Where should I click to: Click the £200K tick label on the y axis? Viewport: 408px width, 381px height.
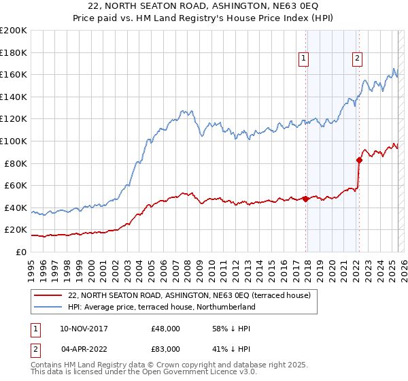14,30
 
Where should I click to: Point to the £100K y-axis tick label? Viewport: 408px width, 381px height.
14,141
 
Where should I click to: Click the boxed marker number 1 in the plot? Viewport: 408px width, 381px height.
303,59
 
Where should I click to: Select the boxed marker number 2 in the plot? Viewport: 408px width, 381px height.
357,59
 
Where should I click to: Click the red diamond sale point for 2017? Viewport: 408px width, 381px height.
305,199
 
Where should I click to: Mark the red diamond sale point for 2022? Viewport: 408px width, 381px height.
358,160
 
